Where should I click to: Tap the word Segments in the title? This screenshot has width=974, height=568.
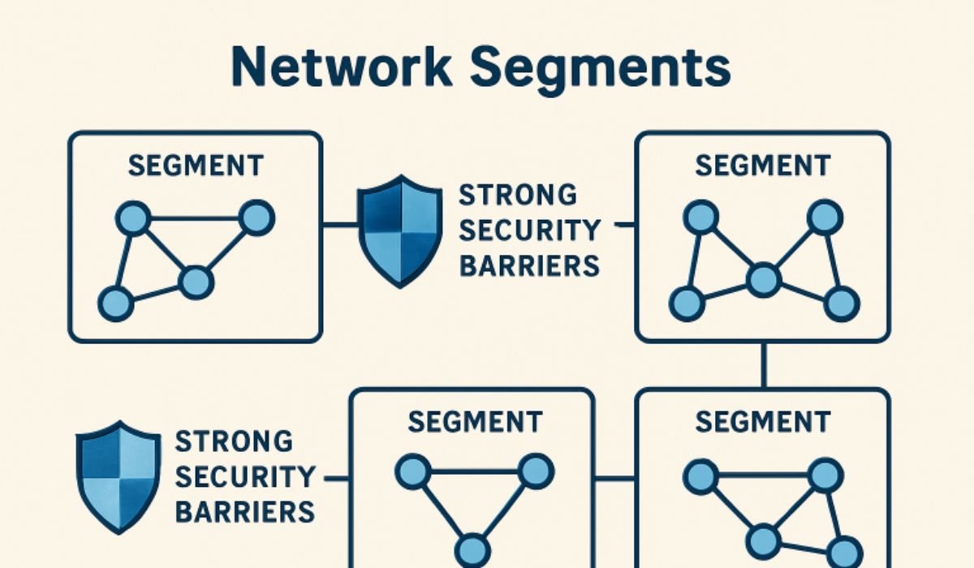pyautogui.click(x=600, y=68)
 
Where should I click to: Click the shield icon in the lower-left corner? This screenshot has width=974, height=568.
pyautogui.click(x=118, y=475)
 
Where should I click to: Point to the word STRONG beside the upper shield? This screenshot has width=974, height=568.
pyautogui.click(x=518, y=196)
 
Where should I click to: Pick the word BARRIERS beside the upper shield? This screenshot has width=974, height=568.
pyautogui.click(x=529, y=265)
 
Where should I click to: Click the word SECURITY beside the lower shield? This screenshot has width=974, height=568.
pyautogui.click(x=244, y=477)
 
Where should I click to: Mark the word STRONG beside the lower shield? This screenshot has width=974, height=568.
pyautogui.click(x=234, y=442)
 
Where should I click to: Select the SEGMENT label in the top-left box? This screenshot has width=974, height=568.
pyautogui.click(x=196, y=166)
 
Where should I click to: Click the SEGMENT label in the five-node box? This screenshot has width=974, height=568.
pyautogui.click(x=762, y=166)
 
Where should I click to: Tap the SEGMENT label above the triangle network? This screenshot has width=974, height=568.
pyautogui.click(x=474, y=422)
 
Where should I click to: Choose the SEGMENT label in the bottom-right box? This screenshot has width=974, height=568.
pyautogui.click(x=762, y=422)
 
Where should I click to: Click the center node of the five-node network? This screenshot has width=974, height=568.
pyautogui.click(x=762, y=281)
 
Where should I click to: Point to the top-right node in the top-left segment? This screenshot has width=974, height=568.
pyautogui.click(x=257, y=217)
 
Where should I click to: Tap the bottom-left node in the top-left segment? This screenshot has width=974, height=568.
pyautogui.click(x=115, y=303)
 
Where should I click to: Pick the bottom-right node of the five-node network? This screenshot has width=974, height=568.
pyautogui.click(x=841, y=303)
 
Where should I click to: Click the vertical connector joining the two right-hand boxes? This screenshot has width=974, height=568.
pyautogui.click(x=763, y=365)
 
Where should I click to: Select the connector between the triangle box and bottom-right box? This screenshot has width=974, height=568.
pyautogui.click(x=614, y=477)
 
